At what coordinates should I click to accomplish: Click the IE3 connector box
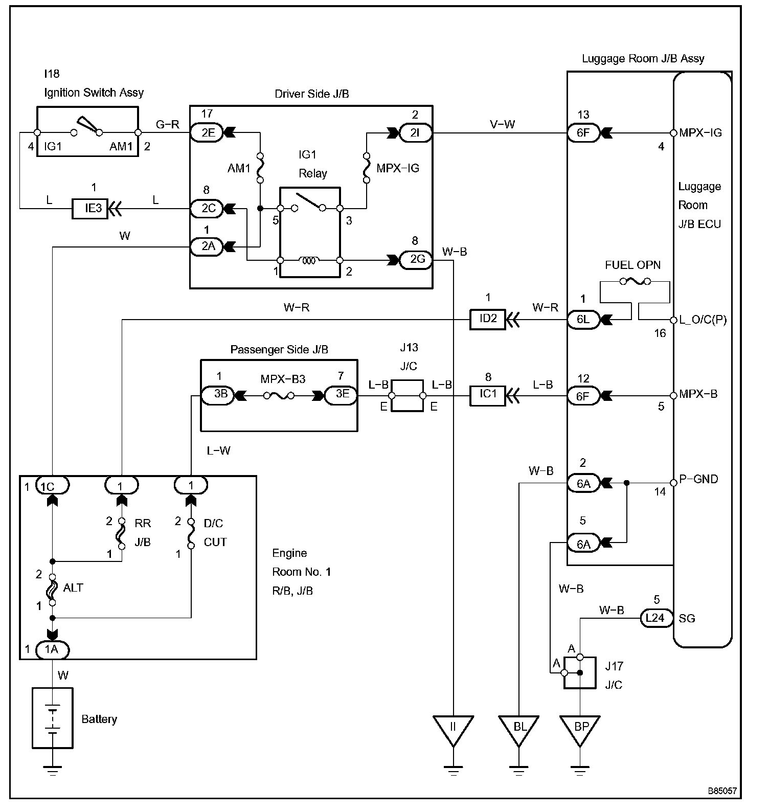[x=90, y=209]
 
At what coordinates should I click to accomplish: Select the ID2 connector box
[x=487, y=319]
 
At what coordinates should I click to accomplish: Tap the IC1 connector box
[x=487, y=394]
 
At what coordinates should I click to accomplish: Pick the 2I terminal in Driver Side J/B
[x=415, y=133]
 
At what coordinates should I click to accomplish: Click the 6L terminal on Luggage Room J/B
[x=583, y=320]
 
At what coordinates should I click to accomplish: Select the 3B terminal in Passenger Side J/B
[x=218, y=394]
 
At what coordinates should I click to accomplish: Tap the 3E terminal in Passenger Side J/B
[x=341, y=394]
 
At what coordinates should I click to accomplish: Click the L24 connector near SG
[x=655, y=618]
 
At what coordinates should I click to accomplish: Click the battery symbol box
[x=53, y=718]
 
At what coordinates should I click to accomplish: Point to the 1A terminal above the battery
[x=52, y=650]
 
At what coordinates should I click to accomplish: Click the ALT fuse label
[x=73, y=588]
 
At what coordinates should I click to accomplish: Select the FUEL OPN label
[x=632, y=265]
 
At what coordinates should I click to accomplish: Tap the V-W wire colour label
[x=502, y=124]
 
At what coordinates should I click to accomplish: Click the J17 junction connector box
[x=580, y=672]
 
